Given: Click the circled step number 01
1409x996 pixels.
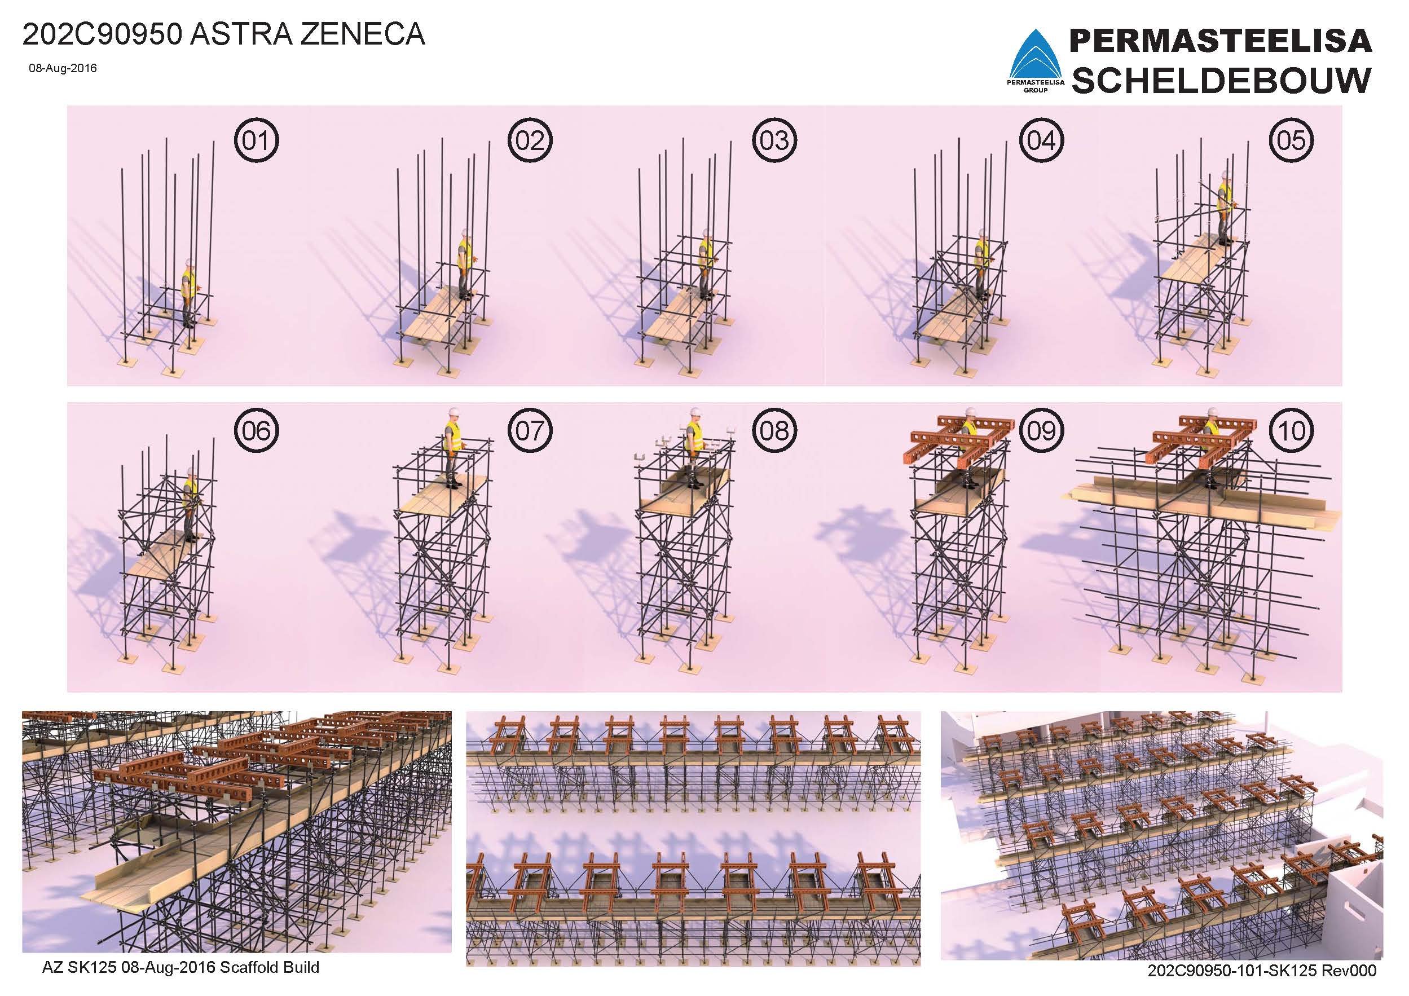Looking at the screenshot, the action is pyautogui.click(x=256, y=140).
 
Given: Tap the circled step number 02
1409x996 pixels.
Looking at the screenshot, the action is pyautogui.click(x=530, y=140).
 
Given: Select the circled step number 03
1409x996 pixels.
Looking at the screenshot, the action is pyautogui.click(x=774, y=140).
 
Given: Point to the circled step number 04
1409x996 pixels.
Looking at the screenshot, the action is pyautogui.click(x=1041, y=140).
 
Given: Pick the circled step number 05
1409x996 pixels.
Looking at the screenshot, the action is pyautogui.click(x=1291, y=140).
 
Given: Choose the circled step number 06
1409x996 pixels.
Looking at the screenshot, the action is pyautogui.click(x=256, y=430).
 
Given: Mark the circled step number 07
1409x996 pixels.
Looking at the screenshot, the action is pyautogui.click(x=530, y=430).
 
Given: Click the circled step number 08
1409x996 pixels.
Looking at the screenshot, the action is pyautogui.click(x=774, y=430).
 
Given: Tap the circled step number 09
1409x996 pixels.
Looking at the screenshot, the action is pyautogui.click(x=1041, y=430).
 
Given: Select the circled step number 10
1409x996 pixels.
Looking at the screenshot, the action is pyautogui.click(x=1291, y=430).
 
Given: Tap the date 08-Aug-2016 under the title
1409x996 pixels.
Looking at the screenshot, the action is pyautogui.click(x=63, y=69).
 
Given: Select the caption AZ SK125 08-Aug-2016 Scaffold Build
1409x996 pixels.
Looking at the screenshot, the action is pyautogui.click(x=180, y=968).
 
